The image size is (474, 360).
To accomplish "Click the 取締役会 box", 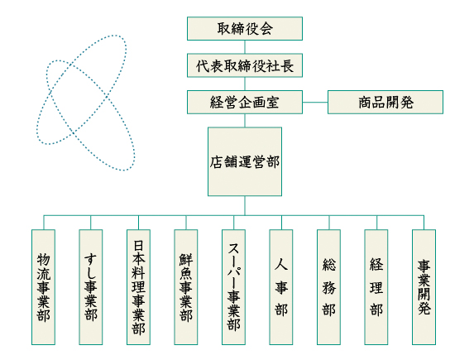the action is point(245,28).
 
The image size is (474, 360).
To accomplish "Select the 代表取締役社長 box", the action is point(245,65).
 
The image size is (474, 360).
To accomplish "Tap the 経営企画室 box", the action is point(245,103).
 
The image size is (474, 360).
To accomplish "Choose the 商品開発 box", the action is point(385,103).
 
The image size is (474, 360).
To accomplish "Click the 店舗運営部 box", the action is point(245,161).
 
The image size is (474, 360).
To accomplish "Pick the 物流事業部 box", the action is point(43,287).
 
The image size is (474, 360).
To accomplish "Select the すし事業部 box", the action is point(91,287).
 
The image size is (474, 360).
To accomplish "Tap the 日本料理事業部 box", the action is point(138,287).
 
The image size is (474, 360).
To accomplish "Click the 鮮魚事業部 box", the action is point(186,287).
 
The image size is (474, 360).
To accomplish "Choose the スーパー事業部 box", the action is point(233,287).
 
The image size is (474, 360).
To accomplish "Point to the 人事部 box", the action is point(281,287).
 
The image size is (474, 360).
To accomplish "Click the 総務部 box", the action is point(328,287).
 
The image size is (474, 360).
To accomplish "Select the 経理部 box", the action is point(376,287).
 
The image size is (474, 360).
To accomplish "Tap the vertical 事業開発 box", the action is point(424,287).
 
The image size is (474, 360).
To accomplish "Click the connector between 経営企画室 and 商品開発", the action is point(315,103).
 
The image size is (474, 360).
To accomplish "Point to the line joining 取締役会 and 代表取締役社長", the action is point(245,47).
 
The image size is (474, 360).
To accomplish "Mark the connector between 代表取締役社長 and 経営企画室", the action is point(245,84).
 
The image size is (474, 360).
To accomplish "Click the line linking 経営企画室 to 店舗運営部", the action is point(245,120).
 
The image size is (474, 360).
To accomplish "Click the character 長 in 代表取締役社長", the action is point(286,65).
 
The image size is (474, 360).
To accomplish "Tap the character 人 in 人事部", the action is point(281,265).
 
